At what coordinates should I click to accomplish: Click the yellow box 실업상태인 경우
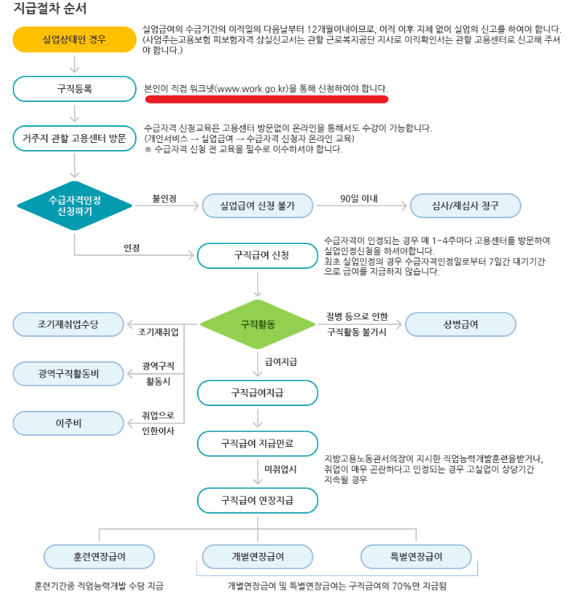point(74,39)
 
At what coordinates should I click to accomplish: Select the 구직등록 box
point(74,88)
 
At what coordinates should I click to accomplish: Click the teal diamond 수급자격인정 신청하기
point(74,205)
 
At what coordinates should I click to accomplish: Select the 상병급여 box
point(460,324)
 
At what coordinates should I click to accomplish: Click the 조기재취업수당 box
point(68,323)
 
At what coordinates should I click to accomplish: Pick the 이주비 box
point(68,421)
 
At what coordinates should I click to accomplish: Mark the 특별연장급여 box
point(415,555)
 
